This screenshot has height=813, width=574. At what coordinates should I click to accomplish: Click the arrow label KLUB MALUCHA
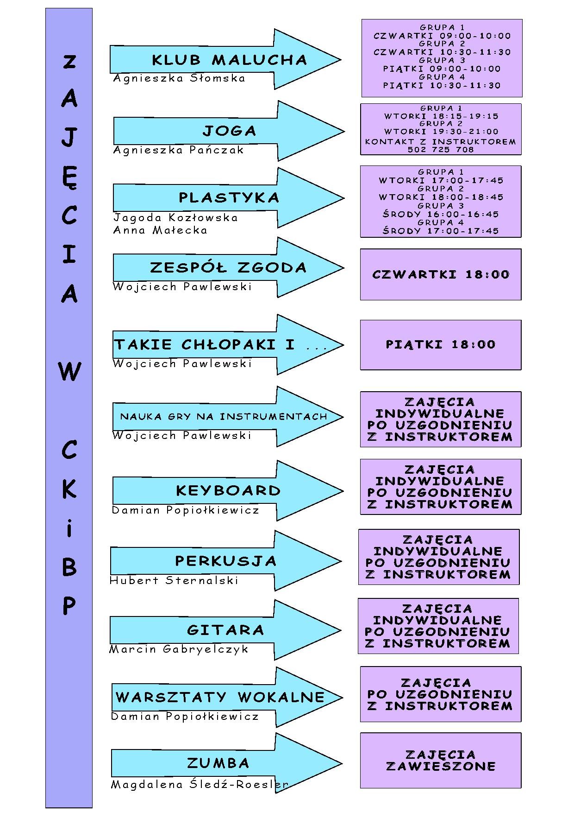point(230,60)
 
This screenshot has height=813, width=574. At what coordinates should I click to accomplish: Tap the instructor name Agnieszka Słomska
point(179,78)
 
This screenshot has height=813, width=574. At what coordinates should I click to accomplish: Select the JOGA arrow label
point(230,131)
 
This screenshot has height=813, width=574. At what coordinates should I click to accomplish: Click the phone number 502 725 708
point(441,149)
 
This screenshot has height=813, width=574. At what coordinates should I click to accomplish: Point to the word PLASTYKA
point(229,198)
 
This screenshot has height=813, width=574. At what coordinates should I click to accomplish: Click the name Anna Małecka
point(160,230)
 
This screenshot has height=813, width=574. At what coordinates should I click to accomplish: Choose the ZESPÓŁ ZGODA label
point(228,267)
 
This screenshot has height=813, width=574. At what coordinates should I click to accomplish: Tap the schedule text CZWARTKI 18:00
point(441,274)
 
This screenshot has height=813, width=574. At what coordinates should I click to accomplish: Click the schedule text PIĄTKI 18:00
point(441,344)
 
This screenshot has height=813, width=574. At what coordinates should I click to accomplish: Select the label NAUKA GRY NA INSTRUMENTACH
point(224,416)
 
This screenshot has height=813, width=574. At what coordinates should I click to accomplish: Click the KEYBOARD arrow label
point(228,490)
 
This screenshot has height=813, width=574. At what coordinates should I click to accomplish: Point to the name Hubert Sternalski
point(174,580)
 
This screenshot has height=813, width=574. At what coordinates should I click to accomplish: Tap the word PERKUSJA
point(226,561)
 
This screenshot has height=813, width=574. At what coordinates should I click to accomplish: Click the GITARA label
point(225,630)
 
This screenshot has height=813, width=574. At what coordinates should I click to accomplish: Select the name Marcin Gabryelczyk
point(179,650)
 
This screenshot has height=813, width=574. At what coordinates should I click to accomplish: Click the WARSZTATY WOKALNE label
point(220,697)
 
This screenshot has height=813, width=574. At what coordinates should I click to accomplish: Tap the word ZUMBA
point(218,763)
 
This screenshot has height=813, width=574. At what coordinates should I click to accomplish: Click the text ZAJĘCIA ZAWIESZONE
point(441,761)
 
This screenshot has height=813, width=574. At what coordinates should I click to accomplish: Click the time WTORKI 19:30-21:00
point(441,132)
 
